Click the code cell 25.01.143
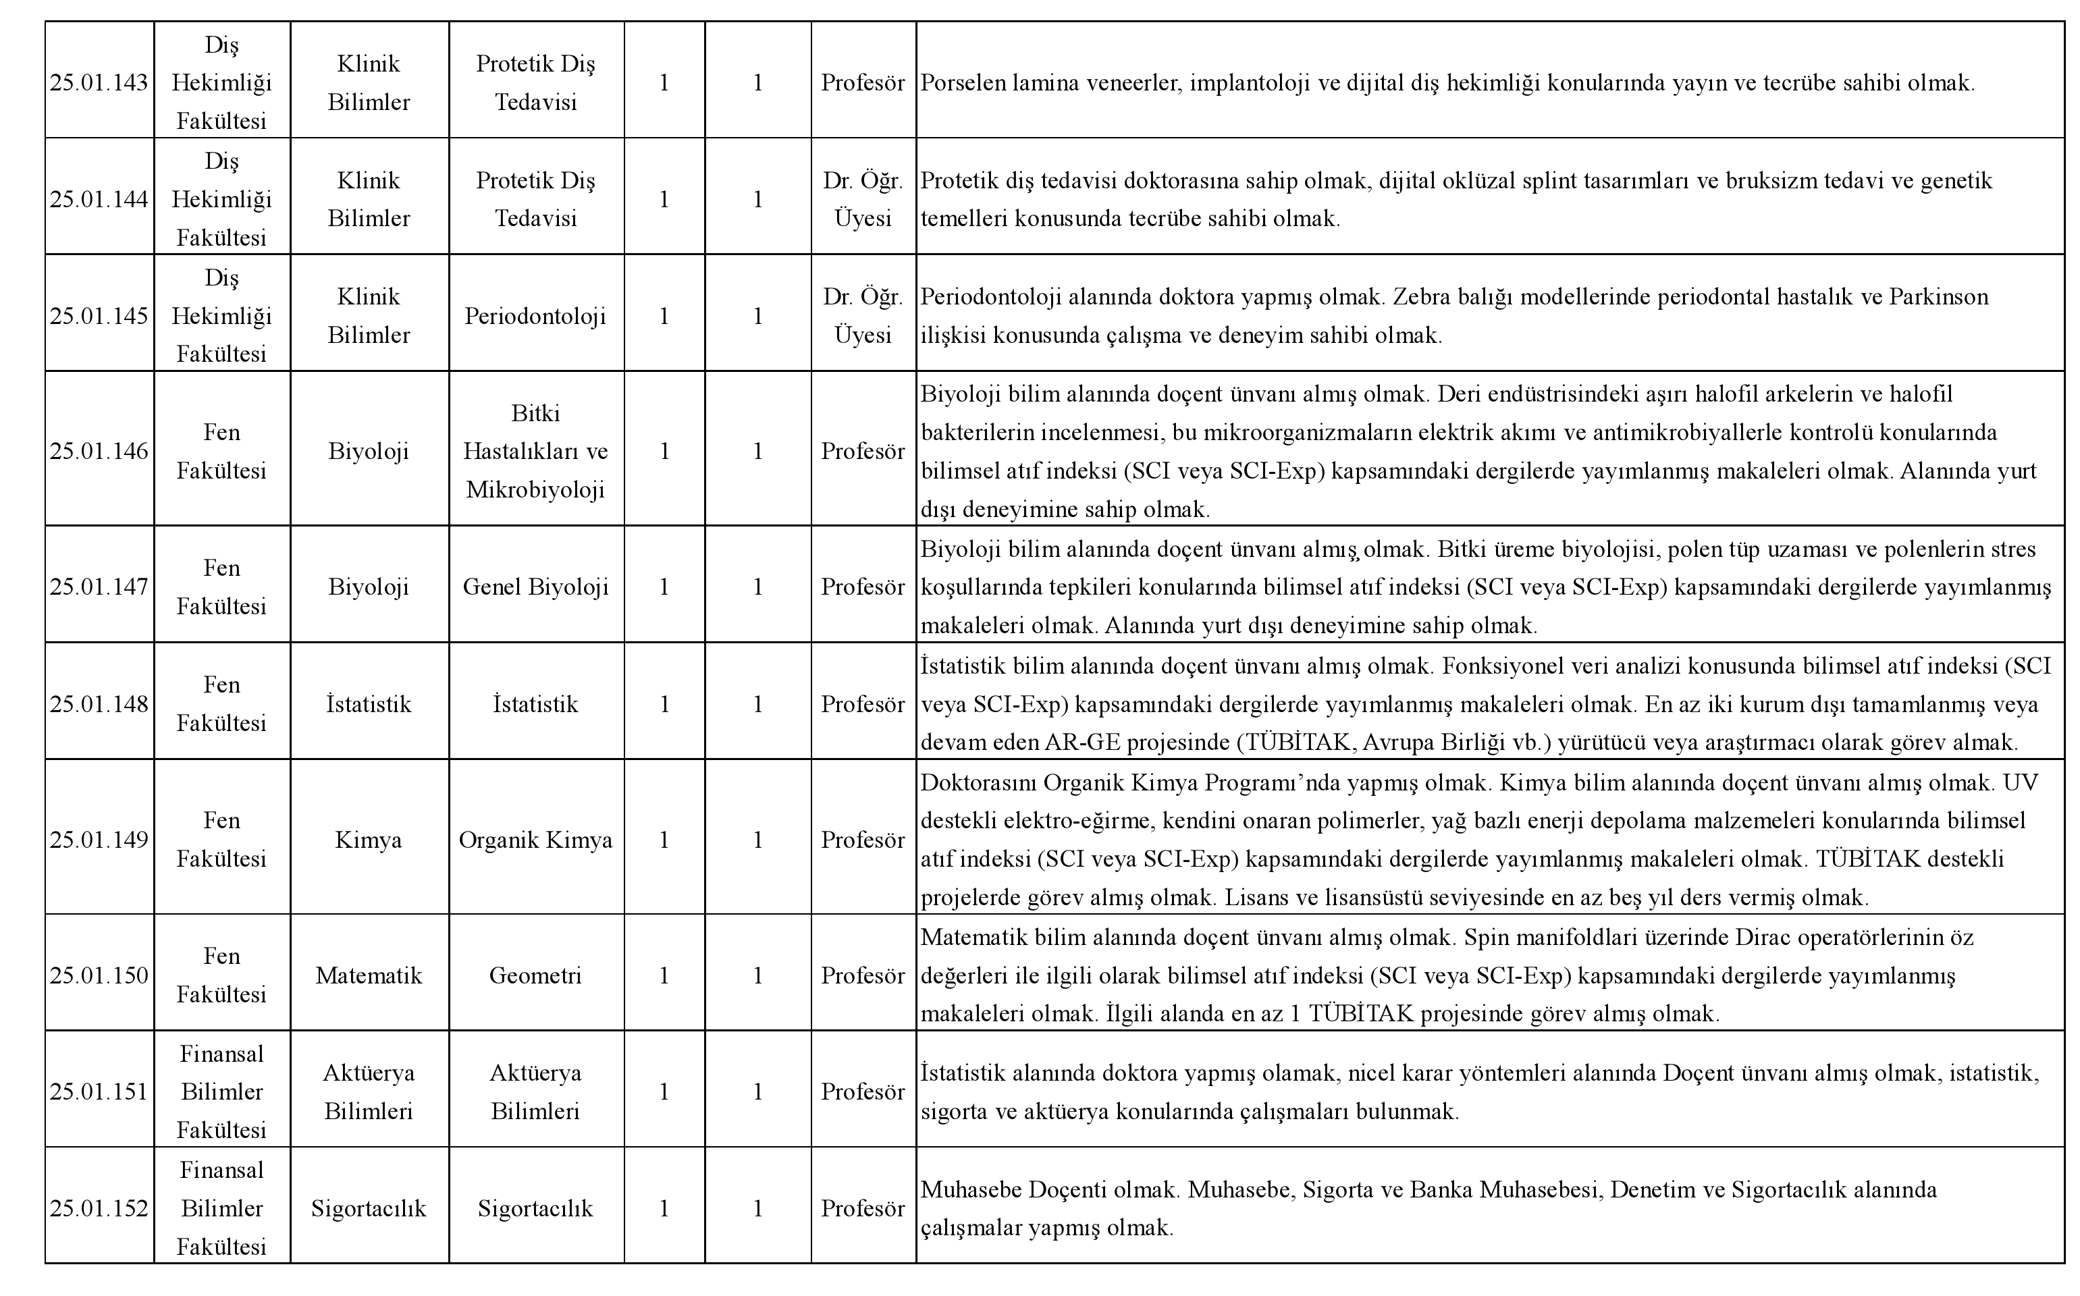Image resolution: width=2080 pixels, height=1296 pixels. click(x=99, y=83)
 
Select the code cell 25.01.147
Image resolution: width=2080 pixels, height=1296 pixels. click(x=99, y=587)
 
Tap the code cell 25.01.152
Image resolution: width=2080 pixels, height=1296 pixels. click(x=99, y=1208)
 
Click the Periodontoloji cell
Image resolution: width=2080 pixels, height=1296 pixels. click(x=535, y=317)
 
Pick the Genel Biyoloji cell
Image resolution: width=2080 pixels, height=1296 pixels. click(x=535, y=587)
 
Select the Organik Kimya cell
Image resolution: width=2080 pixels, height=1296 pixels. click(x=535, y=840)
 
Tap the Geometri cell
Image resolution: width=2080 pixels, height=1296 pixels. click(x=535, y=975)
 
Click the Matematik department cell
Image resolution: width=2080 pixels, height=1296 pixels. click(x=369, y=975)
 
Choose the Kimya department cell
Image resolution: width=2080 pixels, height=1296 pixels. click(x=369, y=840)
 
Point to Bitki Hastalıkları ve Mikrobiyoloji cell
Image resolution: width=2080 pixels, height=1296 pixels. click(x=535, y=452)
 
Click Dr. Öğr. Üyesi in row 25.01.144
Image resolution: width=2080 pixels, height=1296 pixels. click(x=863, y=200)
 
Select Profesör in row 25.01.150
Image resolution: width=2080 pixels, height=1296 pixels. click(x=863, y=975)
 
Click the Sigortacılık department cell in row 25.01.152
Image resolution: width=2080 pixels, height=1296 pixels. click(x=369, y=1208)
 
